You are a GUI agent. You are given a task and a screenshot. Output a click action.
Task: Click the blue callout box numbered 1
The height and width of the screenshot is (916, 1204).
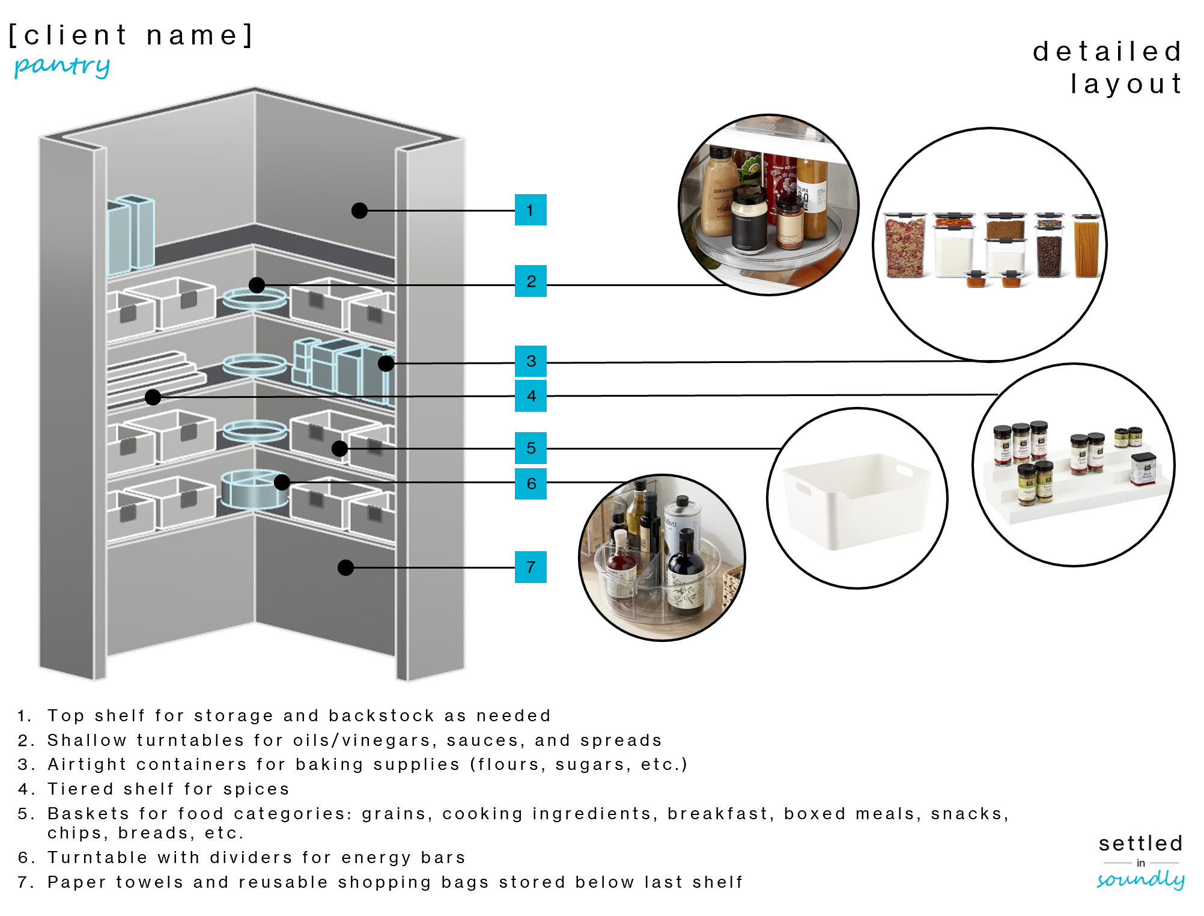tap(530, 210)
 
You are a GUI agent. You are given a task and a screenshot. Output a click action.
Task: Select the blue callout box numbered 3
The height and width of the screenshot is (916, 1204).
tap(530, 361)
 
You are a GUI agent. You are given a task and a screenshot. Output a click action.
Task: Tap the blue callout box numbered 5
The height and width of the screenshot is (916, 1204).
tap(530, 448)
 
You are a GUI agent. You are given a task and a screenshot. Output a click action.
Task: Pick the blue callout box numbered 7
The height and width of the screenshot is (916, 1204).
tap(530, 567)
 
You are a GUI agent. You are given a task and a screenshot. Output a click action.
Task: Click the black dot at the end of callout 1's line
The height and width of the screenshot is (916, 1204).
tap(359, 210)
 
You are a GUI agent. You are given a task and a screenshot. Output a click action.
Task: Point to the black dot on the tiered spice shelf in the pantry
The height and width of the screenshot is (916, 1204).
tap(153, 397)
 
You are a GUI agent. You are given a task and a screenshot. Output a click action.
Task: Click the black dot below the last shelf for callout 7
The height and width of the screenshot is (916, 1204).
tap(345, 567)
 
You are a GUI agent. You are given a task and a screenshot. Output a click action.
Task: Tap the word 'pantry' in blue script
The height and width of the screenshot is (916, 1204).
tap(62, 66)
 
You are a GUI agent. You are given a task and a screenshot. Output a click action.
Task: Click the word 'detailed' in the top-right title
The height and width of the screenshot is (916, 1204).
tap(1107, 52)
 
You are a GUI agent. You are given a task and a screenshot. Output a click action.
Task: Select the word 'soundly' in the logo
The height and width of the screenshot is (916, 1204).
tap(1140, 880)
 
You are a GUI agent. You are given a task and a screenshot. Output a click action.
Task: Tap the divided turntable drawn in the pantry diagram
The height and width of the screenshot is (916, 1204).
tap(253, 488)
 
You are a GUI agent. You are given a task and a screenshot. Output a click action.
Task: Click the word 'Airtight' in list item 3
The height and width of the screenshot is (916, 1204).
tap(87, 765)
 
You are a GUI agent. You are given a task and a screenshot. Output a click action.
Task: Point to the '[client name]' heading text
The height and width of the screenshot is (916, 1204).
tap(131, 35)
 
